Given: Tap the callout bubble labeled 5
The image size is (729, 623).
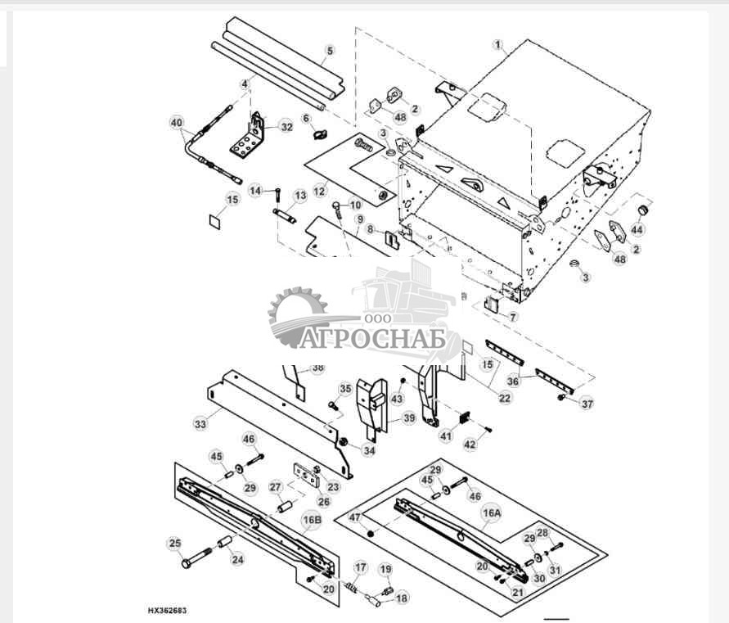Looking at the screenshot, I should [330, 51].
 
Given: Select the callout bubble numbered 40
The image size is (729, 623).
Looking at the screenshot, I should [177, 123].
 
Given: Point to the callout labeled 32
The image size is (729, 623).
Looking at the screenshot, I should [286, 127].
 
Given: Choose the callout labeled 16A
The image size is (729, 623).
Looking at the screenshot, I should [491, 513].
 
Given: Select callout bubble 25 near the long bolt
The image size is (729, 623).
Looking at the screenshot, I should [174, 543].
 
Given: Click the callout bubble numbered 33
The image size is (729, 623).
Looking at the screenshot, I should [200, 424].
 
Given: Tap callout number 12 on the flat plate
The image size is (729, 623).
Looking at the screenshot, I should [319, 191].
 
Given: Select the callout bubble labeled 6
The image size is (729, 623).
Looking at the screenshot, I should [308, 118].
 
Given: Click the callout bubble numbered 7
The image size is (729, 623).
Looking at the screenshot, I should [513, 315].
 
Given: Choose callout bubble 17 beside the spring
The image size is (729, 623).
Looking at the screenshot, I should [360, 567].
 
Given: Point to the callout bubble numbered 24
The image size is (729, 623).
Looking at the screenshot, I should [238, 561].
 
